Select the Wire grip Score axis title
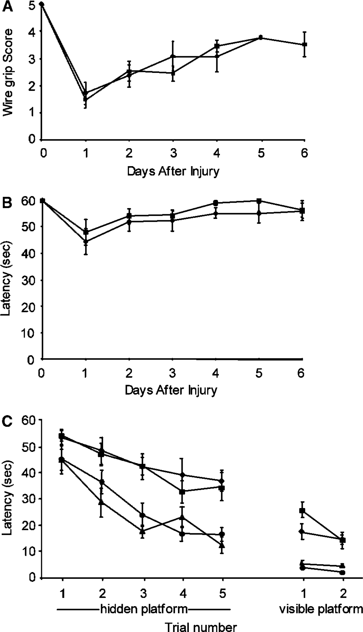8,73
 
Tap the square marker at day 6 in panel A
305,44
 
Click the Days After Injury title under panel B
171,390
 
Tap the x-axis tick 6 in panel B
301,373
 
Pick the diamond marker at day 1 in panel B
85,241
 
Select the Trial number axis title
201,626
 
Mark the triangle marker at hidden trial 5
222,546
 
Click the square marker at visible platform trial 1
302,511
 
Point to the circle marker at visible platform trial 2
343,573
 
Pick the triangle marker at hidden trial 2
101,502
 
